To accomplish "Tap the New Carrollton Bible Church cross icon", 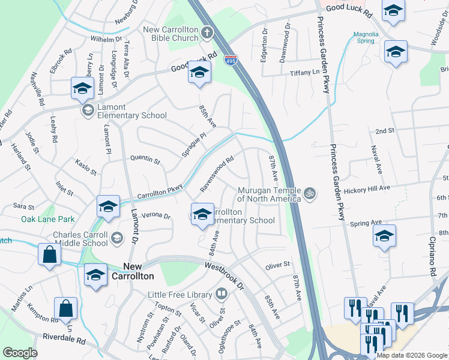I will coord(207,32).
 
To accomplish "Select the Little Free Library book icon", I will coord(221,294).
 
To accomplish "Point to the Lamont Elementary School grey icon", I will coord(88,109).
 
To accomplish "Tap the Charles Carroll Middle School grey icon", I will coord(116,239).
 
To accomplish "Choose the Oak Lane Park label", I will coord(48,220).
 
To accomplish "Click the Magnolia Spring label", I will coord(366,37).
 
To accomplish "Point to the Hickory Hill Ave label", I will coord(367,188).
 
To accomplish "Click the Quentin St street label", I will coord(145,160).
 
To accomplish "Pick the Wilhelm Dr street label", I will coord(106,39).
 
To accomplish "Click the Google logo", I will coord(20,353).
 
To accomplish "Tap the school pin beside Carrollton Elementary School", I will coord(202,214).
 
